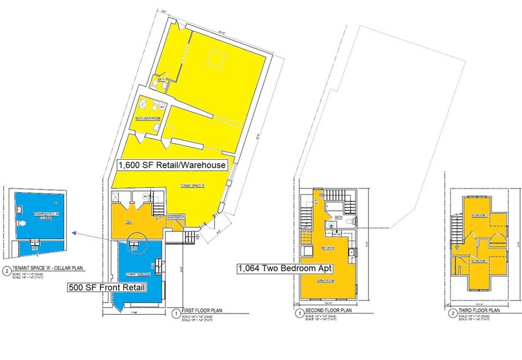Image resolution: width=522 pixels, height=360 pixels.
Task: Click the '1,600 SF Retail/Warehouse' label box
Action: [172, 165]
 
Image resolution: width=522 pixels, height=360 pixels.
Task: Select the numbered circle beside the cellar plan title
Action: [7, 271]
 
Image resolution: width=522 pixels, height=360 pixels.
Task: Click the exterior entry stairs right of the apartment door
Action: [191, 236]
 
